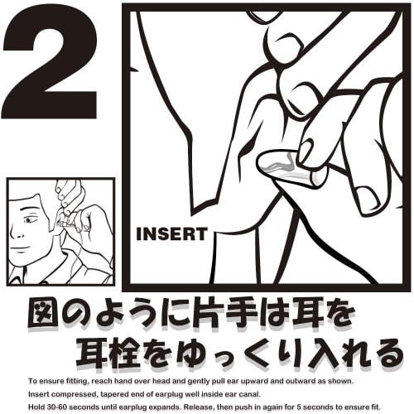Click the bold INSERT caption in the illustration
(171, 233)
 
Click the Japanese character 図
(44, 315)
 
